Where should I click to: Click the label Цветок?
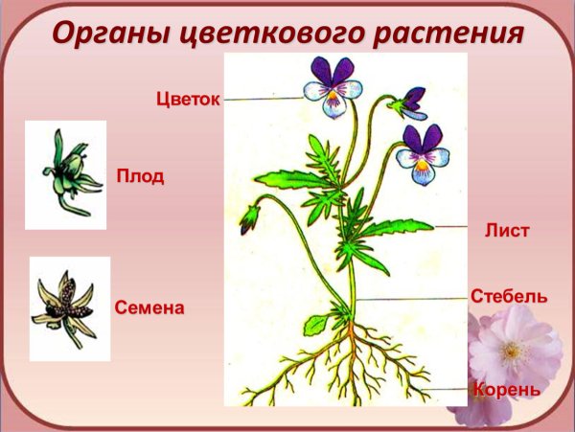pyautogui.click(x=188, y=99)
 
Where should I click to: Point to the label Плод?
pyautogui.click(x=140, y=176)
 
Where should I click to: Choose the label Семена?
pyautogui.click(x=149, y=308)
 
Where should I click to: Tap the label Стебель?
pyautogui.click(x=509, y=296)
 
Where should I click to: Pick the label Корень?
pyautogui.click(x=506, y=390)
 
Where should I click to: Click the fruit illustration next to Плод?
pyautogui.click(x=65, y=174)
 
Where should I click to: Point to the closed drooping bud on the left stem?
pyautogui.click(x=250, y=218)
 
